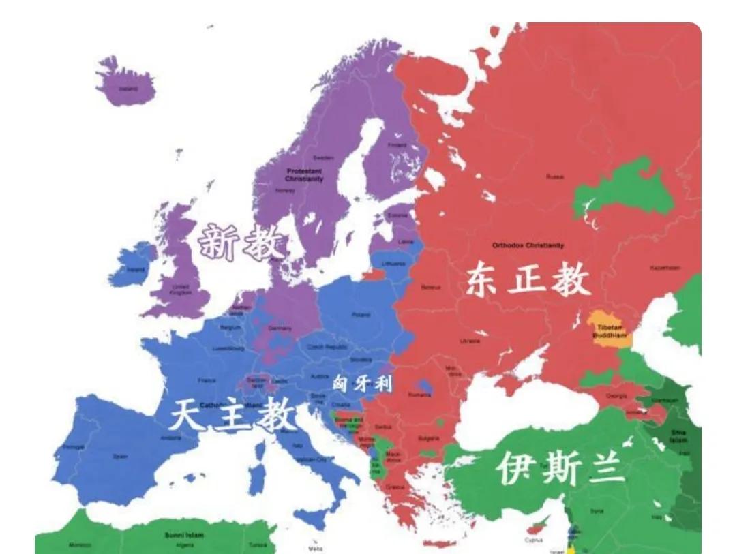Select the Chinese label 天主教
(x=232, y=414)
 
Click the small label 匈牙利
(x=362, y=384)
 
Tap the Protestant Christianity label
(x=304, y=174)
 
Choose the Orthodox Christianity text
(x=528, y=245)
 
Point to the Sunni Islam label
(x=181, y=535)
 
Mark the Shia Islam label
(x=678, y=435)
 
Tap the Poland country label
(x=361, y=315)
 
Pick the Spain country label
(x=120, y=456)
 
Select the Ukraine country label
(x=470, y=341)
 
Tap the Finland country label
(x=397, y=144)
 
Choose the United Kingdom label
(x=180, y=289)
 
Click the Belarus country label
(x=432, y=287)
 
